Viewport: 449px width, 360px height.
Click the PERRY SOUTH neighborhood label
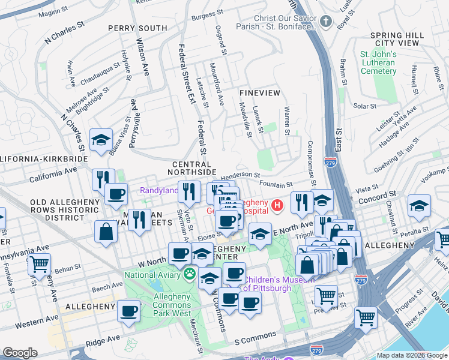137,28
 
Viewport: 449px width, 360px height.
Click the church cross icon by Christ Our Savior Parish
326,22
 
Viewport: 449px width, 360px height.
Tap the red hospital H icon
277,206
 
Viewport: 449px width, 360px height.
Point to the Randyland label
159,190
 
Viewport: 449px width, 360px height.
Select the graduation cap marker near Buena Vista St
100,140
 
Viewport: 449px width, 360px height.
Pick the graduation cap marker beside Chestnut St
418,206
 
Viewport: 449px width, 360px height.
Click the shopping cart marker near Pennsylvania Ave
38,263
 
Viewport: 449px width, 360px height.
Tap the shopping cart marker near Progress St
366,317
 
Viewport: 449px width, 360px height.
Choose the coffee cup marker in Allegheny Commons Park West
128,311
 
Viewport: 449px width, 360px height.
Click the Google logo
20,352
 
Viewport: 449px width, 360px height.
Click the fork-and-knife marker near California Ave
103,178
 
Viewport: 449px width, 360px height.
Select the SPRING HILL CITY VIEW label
397,39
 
